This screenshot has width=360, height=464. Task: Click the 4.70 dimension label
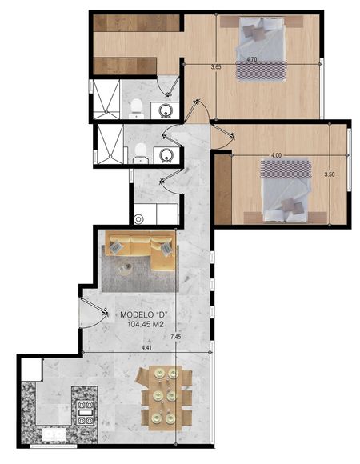click(x=252, y=59)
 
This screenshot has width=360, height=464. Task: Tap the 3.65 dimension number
click(x=216, y=67)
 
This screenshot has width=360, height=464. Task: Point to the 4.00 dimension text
click(x=276, y=155)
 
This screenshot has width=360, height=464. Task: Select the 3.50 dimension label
click(x=330, y=174)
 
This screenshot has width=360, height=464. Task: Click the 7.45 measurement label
click(x=175, y=337)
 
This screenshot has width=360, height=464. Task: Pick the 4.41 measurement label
click(x=146, y=348)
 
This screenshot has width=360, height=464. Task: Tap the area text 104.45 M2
click(x=146, y=324)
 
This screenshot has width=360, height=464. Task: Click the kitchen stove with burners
click(x=85, y=412)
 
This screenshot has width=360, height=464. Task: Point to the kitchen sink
click(x=54, y=434)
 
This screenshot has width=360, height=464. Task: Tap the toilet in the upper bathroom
click(x=136, y=109)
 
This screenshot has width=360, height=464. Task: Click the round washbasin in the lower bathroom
click(x=166, y=154)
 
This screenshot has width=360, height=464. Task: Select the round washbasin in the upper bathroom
click(x=166, y=110)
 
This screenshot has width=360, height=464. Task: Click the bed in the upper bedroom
click(x=261, y=49)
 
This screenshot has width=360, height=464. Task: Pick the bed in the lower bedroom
click(x=285, y=191)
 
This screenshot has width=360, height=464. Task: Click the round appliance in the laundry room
click(x=138, y=219)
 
